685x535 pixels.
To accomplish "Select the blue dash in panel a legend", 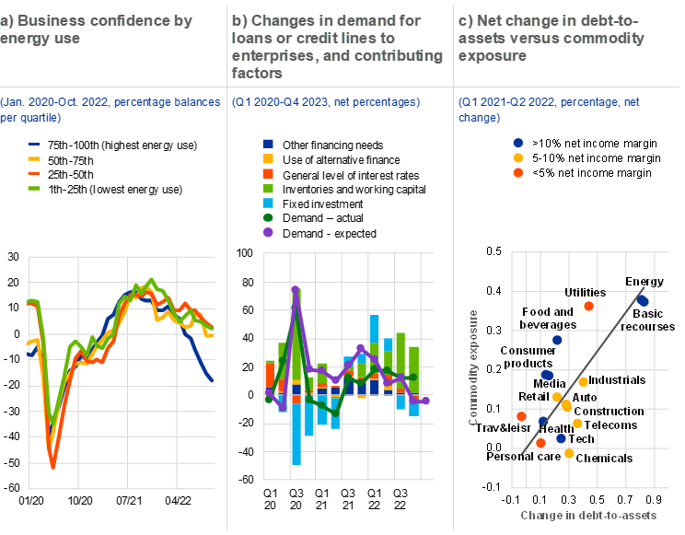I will tap(34, 145).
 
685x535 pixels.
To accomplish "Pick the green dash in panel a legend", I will tap(34, 188).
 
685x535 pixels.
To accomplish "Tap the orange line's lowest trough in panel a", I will tap(52, 467).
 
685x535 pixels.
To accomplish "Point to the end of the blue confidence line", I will tap(213, 380).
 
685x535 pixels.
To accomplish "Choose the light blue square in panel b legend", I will tap(268, 203).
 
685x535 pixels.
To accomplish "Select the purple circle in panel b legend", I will tap(268, 232).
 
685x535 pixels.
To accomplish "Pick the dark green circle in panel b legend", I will tap(268, 217).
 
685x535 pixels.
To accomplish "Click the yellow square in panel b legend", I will tap(268, 158).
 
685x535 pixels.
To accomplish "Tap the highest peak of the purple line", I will tap(296, 289).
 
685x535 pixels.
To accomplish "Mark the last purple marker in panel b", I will tap(426, 400).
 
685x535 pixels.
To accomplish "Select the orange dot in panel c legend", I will tap(518, 172).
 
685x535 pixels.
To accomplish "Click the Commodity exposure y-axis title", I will tap(473, 366).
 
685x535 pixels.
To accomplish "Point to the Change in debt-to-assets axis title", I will tap(589, 515).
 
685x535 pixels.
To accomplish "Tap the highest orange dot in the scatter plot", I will tap(589, 306).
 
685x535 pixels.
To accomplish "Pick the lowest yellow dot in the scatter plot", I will tap(569, 453).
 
